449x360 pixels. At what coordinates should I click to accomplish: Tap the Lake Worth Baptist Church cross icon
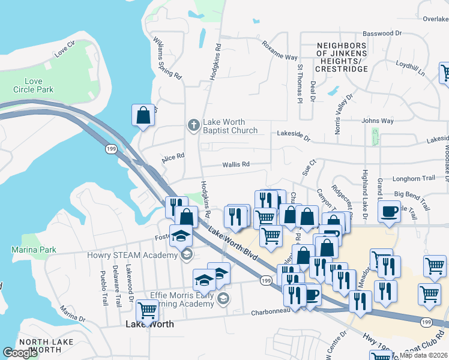click(193, 125)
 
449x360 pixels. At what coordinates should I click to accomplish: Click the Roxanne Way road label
click(279, 50)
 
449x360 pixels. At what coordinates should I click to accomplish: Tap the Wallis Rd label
click(235, 164)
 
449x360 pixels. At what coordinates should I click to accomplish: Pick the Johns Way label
click(378, 121)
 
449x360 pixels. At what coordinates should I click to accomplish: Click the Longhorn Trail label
click(413, 178)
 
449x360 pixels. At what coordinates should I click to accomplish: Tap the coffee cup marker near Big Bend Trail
click(390, 212)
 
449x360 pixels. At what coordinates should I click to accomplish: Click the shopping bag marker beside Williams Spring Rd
click(143, 115)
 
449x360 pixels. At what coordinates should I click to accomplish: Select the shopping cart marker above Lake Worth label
click(147, 310)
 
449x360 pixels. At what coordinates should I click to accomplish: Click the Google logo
click(20, 353)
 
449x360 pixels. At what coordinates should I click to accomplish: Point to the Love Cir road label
click(64, 46)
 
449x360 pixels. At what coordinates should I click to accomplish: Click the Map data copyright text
click(423, 355)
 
